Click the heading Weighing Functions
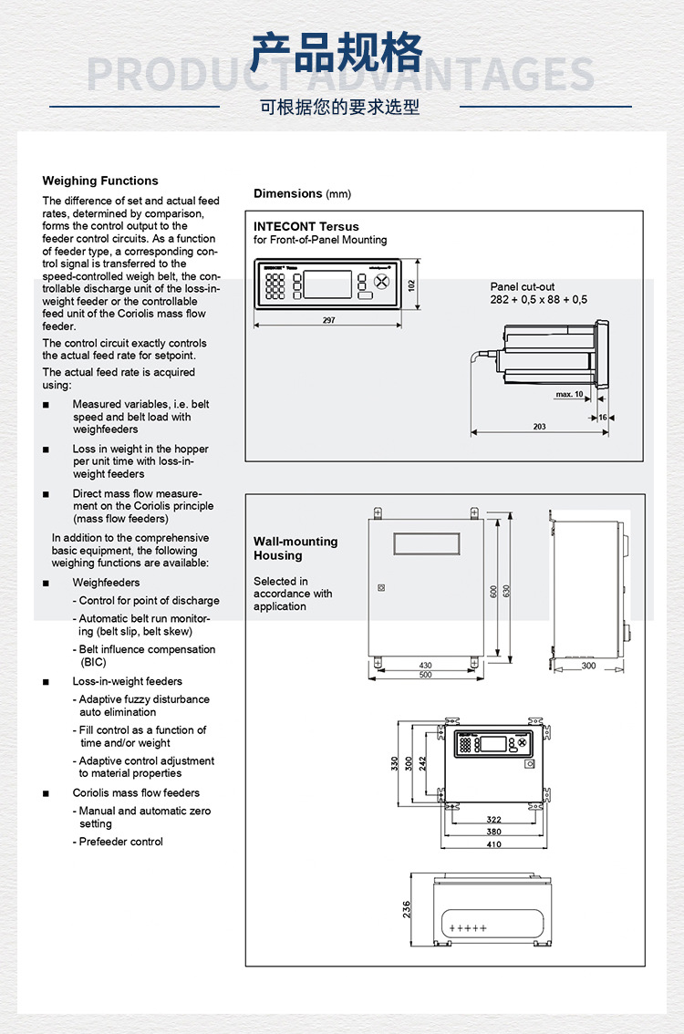(x=100, y=181)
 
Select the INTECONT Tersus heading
(x=306, y=226)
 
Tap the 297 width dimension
(x=328, y=320)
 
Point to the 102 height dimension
(x=411, y=284)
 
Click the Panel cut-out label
(x=523, y=287)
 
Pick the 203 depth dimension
(x=539, y=427)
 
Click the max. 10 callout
(x=569, y=395)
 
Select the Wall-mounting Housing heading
(x=295, y=548)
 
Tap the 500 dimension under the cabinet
(x=425, y=676)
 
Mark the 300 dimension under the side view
(x=588, y=667)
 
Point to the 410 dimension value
(x=493, y=843)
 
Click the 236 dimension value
(x=408, y=909)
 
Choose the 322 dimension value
(x=493, y=820)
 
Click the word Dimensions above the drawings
(x=287, y=193)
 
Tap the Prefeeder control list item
(x=120, y=842)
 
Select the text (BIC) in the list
(x=94, y=662)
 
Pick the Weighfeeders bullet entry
(x=106, y=583)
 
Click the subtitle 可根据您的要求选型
(x=340, y=108)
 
